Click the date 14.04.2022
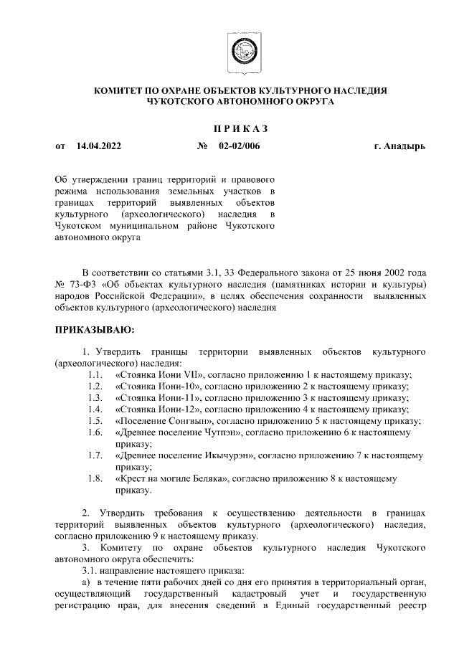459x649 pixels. click(x=98, y=146)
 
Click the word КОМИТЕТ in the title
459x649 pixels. click(x=121, y=91)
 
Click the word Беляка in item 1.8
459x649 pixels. click(x=209, y=478)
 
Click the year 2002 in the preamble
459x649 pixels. click(x=387, y=273)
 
